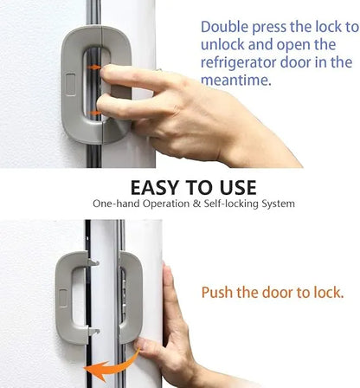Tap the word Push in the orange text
(x=217, y=293)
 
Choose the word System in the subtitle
(x=279, y=204)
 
